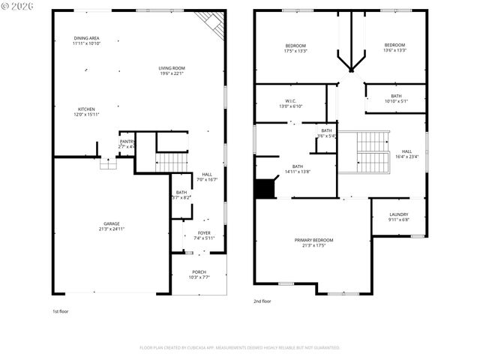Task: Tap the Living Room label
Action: (172, 70)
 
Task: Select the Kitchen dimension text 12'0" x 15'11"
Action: (86, 115)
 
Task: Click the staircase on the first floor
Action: (172, 161)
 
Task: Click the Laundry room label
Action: (398, 217)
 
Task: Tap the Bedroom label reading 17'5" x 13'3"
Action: (295, 47)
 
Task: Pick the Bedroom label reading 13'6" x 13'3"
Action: (394, 47)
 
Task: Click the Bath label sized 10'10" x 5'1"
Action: (396, 98)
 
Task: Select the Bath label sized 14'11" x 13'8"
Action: (298, 169)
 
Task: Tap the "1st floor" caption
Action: (61, 310)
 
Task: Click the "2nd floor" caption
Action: (262, 301)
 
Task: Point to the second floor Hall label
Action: (406, 153)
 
